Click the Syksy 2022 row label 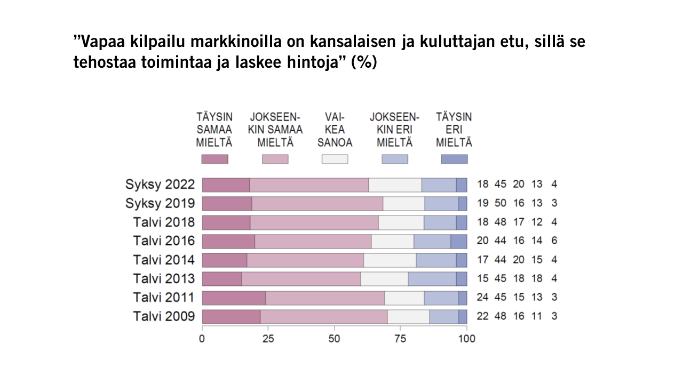pyautogui.click(x=160, y=185)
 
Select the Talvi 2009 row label pyautogui.click(x=164, y=316)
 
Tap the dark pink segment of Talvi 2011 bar pyautogui.click(x=234, y=298)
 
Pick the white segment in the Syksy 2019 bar pyautogui.click(x=404, y=204)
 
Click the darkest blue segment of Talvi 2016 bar pyautogui.click(x=459, y=242)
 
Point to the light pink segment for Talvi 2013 pyautogui.click(x=301, y=279)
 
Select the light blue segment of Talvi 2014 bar pyautogui.click(x=436, y=260)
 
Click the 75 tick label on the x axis pyautogui.click(x=400, y=339)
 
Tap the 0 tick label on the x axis pyautogui.click(x=202, y=339)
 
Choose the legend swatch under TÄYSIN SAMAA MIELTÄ pyautogui.click(x=215, y=159)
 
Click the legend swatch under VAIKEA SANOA pyautogui.click(x=335, y=159)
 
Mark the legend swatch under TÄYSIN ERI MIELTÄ pyautogui.click(x=454, y=159)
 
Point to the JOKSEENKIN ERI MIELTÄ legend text pyautogui.click(x=394, y=130)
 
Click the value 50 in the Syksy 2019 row pyautogui.click(x=501, y=203)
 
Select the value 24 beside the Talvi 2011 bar pyautogui.click(x=483, y=297)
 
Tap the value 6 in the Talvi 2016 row pyautogui.click(x=554, y=241)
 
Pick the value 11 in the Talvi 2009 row pyautogui.click(x=537, y=316)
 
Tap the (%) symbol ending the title pyautogui.click(x=364, y=62)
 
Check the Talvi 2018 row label pyautogui.click(x=164, y=222)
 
